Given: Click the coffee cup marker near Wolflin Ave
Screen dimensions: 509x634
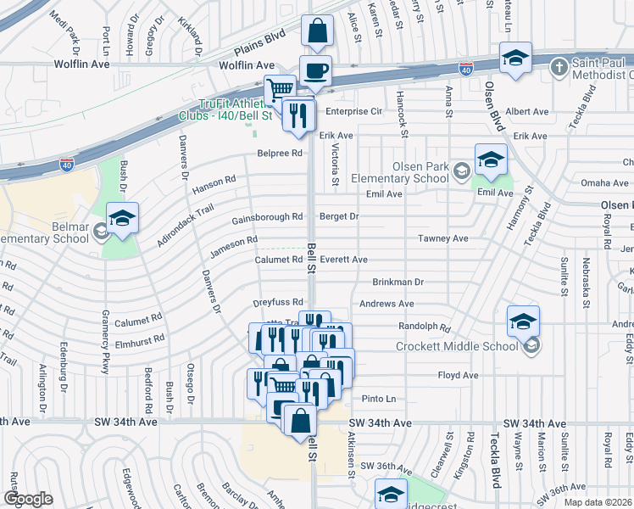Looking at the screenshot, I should [315, 71].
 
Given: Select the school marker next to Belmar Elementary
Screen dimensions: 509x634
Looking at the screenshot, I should [122, 219].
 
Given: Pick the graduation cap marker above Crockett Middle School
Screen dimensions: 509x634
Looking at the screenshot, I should [523, 321].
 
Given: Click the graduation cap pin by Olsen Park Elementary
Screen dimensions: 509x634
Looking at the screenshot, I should [491, 159].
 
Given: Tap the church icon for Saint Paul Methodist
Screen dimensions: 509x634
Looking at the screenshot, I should [559, 66].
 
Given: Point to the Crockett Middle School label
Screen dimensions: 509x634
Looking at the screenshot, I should [458, 345].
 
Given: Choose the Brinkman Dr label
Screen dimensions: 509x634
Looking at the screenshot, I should [397, 282].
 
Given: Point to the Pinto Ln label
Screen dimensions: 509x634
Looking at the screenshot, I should [379, 399].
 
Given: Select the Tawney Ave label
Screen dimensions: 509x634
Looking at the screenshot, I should [442, 239].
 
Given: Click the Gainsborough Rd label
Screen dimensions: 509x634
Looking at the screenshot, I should [267, 217].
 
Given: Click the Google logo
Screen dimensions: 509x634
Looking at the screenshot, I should [28, 499].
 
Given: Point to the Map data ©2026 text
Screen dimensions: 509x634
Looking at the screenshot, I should [598, 502].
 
